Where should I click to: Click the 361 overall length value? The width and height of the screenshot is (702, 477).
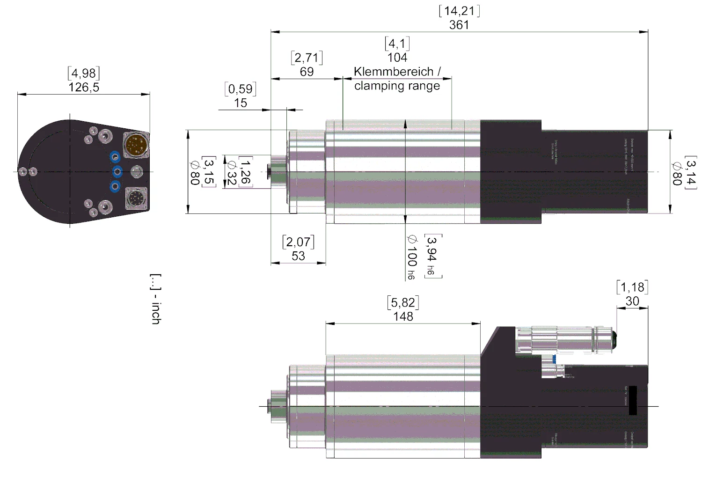coord(459,25)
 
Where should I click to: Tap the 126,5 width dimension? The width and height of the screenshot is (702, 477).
coord(84,87)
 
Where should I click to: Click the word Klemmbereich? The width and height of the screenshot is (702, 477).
coord(394,72)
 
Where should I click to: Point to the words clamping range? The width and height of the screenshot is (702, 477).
coord(397,86)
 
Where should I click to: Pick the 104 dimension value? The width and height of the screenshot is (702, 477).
coord(397,58)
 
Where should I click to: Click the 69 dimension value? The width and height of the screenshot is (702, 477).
coord(307,72)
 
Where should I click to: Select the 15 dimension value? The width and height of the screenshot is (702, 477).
coord(241,103)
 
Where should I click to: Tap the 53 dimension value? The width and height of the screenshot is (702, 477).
coord(298,256)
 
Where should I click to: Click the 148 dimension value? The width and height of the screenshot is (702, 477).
coord(403,317)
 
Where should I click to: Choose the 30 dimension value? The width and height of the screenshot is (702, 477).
coord(632,301)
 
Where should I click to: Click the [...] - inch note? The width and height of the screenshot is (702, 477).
coord(155,299)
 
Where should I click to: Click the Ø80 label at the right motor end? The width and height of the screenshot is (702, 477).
coord(676,173)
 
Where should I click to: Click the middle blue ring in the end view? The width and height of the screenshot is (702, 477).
coord(117,172)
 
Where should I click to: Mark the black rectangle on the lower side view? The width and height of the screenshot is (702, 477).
coord(633,400)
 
